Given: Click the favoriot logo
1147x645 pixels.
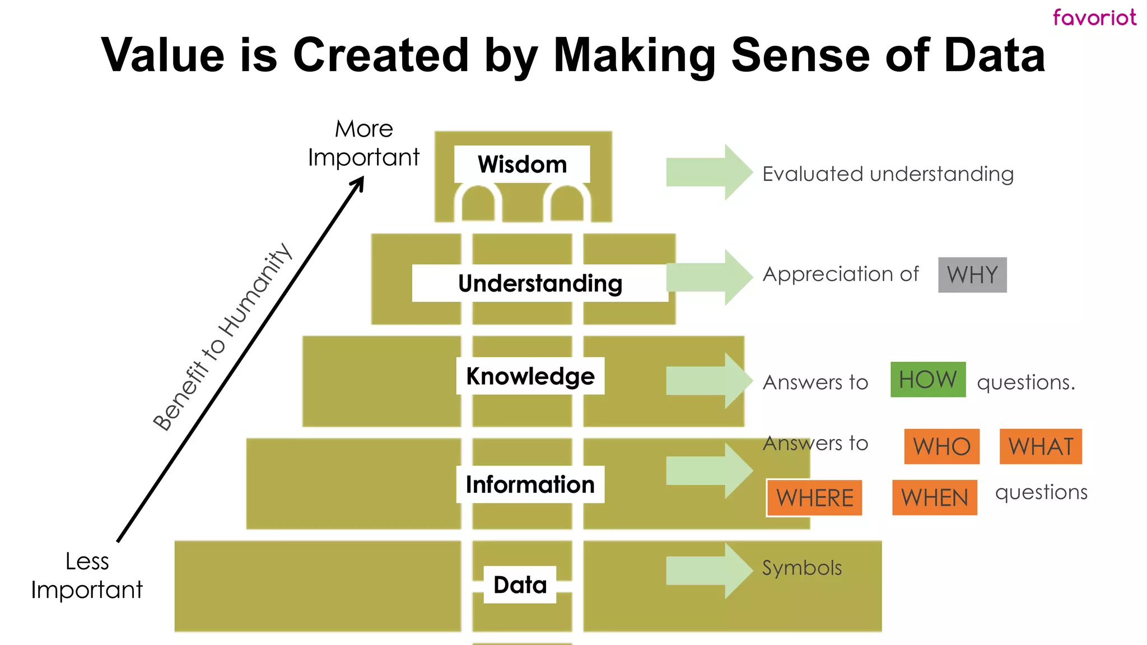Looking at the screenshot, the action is coord(1094,17).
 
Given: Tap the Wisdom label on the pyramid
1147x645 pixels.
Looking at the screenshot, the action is coord(522,165).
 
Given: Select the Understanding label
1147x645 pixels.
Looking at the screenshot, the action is coord(540,283).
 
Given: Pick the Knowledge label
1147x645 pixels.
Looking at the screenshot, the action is coord(530,376).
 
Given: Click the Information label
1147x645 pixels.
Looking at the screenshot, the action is coord(530,484).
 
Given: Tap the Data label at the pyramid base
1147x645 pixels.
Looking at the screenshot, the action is coord(520,585).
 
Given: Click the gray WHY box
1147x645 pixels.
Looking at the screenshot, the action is coord(972,275).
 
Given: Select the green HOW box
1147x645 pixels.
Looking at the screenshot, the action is coord(928,380).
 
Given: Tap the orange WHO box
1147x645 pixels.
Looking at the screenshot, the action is coord(941,447).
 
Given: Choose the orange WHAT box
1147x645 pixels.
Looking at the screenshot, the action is coord(1041,447).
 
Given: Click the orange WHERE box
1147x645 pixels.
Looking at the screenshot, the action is coord(814,498).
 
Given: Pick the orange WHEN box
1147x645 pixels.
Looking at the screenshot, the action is coord(934,498).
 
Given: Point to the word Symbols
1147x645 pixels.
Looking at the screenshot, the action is coord(801,568).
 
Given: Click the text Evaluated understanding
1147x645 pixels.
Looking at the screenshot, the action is coord(888,174).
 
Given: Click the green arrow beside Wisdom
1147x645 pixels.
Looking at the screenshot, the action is coord(709,172).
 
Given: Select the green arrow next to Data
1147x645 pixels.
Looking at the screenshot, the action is coord(709,571).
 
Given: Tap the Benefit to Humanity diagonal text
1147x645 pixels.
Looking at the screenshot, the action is coord(222,337).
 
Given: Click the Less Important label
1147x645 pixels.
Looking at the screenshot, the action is coord(87,576).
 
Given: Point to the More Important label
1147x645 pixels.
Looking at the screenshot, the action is coord(364,143).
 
